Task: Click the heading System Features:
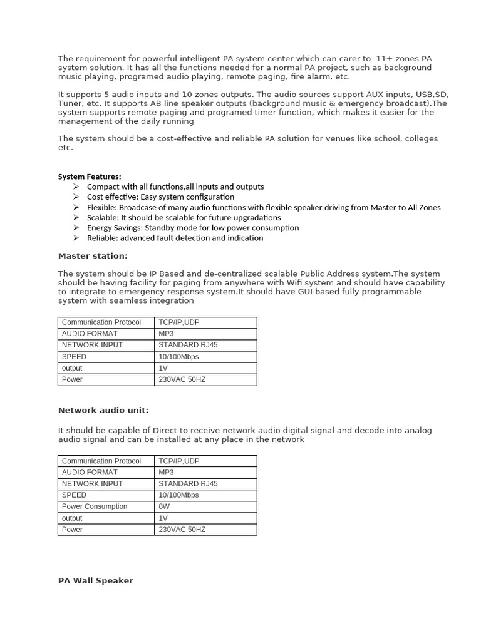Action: [90, 177]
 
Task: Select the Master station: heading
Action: [92, 255]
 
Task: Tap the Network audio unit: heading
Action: [103, 410]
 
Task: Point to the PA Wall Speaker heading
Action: [95, 580]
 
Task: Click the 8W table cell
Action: [164, 506]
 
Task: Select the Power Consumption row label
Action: [94, 506]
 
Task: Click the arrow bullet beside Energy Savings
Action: [76, 228]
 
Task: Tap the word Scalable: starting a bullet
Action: [103, 217]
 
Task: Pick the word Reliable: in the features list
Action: [103, 238]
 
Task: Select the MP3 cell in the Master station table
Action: [166, 334]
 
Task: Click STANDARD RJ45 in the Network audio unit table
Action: [188, 483]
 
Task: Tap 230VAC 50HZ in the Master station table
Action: [182, 379]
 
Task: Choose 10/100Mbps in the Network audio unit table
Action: [178, 495]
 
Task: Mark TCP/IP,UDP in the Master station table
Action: [179, 322]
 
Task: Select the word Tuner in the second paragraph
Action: [69, 103]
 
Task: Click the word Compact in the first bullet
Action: [102, 187]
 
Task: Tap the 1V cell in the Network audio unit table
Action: [163, 518]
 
